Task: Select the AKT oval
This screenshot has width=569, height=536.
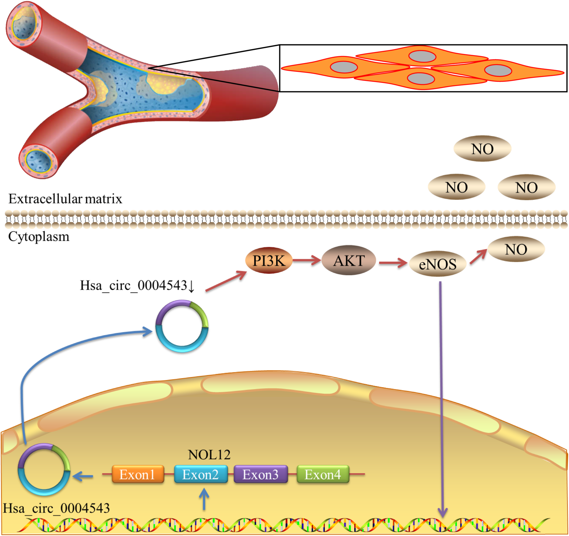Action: click(349, 260)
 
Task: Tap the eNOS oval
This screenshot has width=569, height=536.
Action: click(438, 264)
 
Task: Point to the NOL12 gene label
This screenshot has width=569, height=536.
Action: click(209, 455)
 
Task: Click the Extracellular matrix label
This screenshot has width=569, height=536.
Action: click(65, 199)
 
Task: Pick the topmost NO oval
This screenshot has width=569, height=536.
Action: click(482, 149)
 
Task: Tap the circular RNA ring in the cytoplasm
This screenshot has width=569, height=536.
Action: click(182, 326)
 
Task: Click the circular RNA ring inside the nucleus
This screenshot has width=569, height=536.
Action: click(44, 470)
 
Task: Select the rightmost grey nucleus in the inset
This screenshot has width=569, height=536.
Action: click(498, 70)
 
